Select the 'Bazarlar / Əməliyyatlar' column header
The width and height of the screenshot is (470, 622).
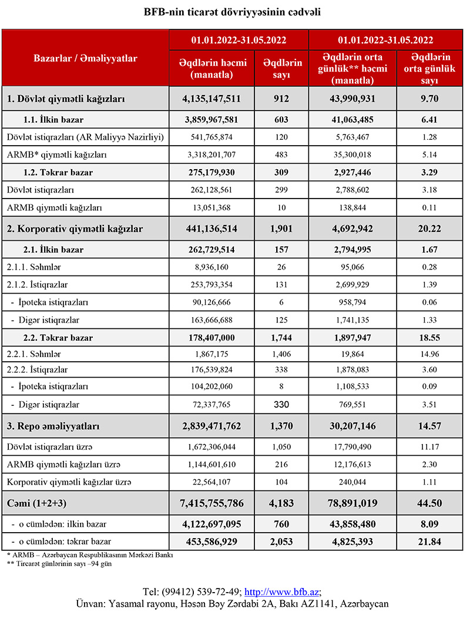coord(85,58)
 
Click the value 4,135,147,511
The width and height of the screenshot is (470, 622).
coord(212,99)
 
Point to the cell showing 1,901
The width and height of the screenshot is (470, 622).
coord(282,228)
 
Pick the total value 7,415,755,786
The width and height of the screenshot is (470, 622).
coord(212,504)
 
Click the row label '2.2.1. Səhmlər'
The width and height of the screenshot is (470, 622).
coord(34,354)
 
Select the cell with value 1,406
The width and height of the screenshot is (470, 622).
coord(282,354)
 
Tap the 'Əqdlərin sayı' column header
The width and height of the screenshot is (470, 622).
coord(282,68)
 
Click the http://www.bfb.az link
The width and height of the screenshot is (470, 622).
coord(281,591)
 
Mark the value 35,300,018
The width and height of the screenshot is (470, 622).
coord(354,155)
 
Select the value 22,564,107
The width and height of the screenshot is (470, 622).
coord(212,482)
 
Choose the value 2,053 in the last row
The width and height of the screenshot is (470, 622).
coord(282,542)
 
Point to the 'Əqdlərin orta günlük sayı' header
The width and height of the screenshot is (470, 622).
coord(430,68)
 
